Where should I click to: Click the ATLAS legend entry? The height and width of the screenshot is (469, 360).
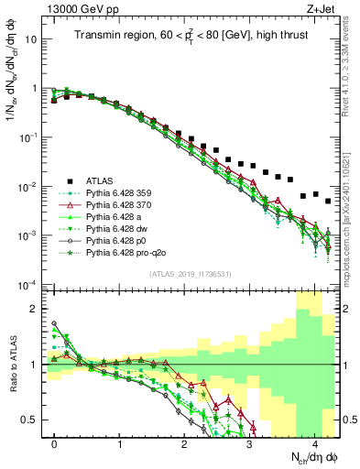[100, 180]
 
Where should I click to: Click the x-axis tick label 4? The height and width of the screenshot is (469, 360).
[315, 442]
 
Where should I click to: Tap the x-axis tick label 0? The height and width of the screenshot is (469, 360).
[55, 442]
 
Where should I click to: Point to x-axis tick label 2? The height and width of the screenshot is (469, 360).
[185, 442]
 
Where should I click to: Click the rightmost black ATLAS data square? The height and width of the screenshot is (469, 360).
[328, 201]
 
